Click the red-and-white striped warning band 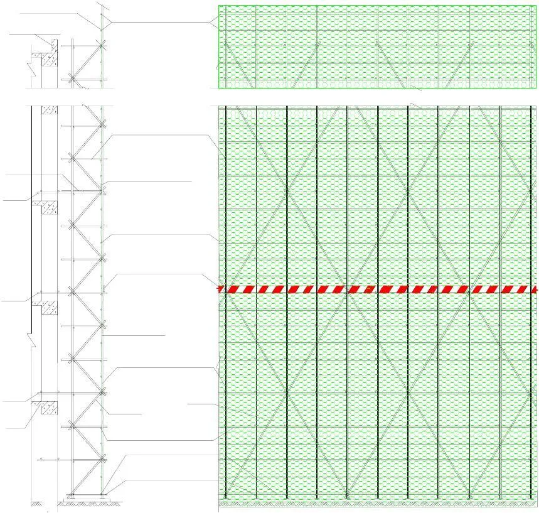pos(376,289)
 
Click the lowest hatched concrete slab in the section pos(45,408)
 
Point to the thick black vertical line pos(31,220)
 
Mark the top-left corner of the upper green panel pos(218,6)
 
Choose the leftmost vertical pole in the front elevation pos(227,301)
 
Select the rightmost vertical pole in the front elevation pos(530,301)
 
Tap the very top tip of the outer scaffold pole pos(102,3)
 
